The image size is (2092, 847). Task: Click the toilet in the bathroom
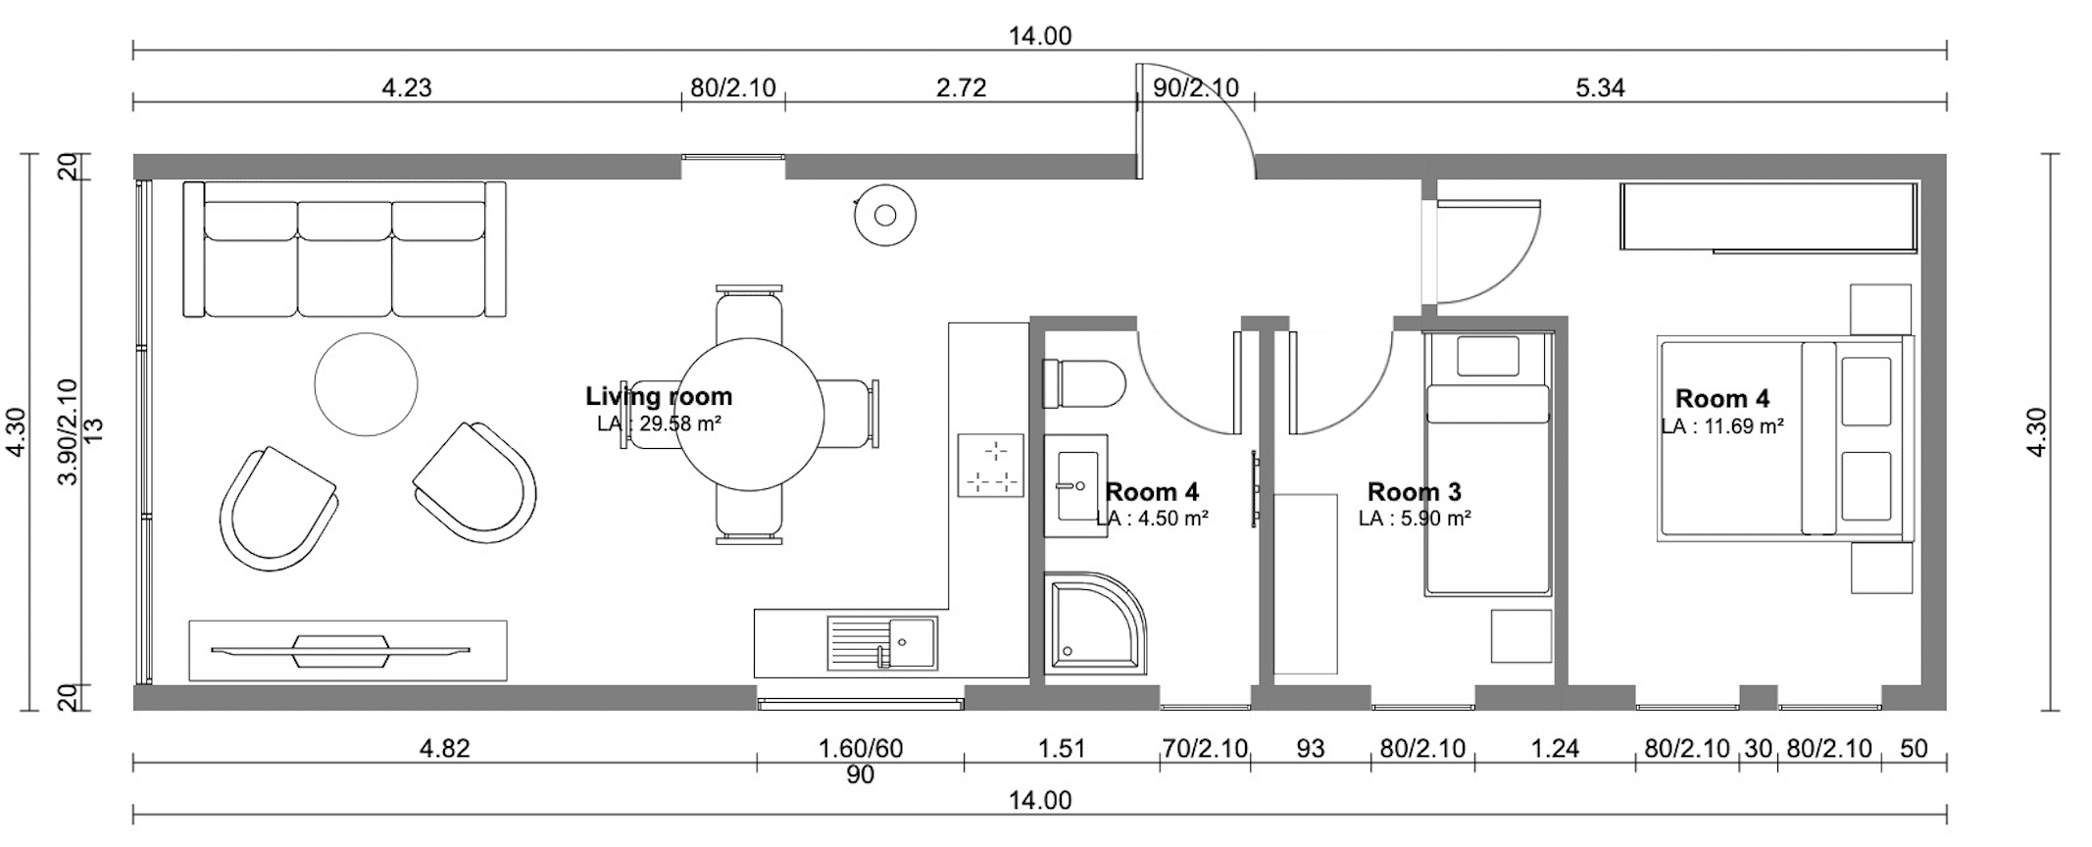(x=1083, y=383)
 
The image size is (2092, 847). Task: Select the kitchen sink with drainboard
(x=881, y=642)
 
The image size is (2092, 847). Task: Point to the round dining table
(x=750, y=414)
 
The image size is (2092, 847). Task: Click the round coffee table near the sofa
(x=366, y=383)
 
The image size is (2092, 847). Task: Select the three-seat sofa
(x=344, y=249)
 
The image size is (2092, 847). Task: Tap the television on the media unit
(x=341, y=650)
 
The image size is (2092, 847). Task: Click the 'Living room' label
(x=659, y=396)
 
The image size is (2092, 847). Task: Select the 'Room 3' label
(x=1414, y=492)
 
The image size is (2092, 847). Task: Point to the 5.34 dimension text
(x=1600, y=88)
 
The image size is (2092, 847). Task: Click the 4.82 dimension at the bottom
(x=444, y=749)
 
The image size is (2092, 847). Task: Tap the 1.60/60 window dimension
(x=861, y=749)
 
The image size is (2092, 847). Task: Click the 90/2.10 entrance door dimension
(x=1196, y=88)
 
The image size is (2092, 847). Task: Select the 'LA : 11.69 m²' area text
(x=1722, y=426)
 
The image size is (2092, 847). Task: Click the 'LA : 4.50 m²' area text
(x=1153, y=518)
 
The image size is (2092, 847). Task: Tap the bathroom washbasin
(x=1077, y=485)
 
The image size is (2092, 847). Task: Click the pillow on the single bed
(x=1487, y=356)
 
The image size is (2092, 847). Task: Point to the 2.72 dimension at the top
(x=961, y=88)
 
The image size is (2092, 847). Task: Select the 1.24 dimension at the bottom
(x=1555, y=749)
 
